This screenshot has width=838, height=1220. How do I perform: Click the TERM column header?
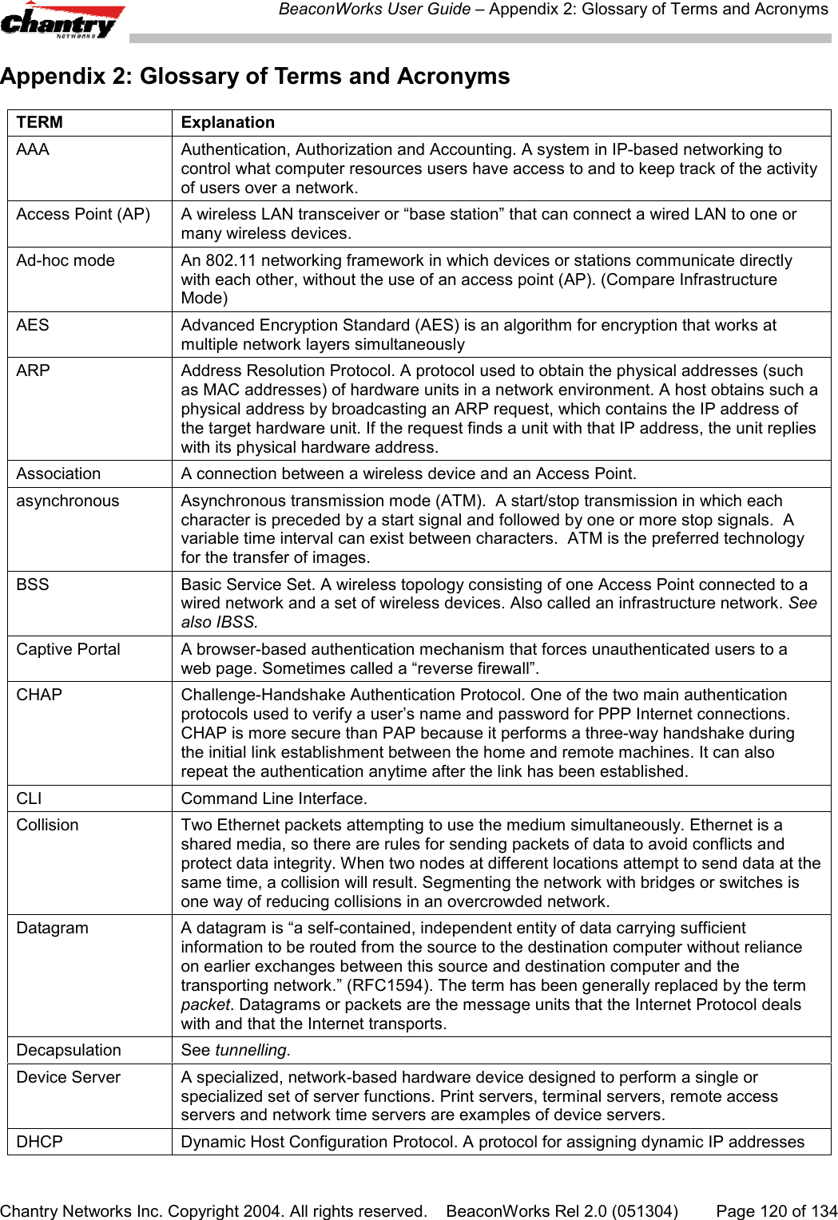coord(40,122)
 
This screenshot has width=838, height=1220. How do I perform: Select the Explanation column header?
coord(228,122)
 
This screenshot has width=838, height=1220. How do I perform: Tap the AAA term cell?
coord(33,149)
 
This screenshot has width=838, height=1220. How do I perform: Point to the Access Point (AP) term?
coord(83,214)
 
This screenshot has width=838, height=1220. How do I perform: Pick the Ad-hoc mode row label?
coord(66,260)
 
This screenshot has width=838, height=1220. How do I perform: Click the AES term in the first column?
coord(33,325)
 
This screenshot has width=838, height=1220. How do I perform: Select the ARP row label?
coord(34,370)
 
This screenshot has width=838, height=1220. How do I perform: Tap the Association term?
coord(59,473)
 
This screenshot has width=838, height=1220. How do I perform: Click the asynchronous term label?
coord(68,501)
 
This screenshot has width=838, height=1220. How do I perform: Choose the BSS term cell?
coord(33,584)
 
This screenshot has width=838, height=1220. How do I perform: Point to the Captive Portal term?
coord(69,649)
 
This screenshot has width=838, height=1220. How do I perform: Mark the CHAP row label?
coord(39,695)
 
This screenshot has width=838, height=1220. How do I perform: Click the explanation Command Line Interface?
coord(274,798)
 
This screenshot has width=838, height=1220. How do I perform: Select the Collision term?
coord(48,825)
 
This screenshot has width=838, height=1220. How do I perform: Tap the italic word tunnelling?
coord(251,1050)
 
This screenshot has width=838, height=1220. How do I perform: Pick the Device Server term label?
coord(69,1077)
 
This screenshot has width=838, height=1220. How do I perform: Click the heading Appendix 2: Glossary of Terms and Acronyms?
coord(255,77)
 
